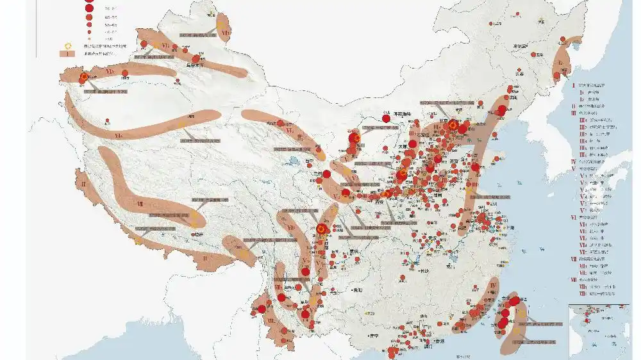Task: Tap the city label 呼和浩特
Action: (x=405, y=114)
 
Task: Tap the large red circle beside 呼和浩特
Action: (x=387, y=117)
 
